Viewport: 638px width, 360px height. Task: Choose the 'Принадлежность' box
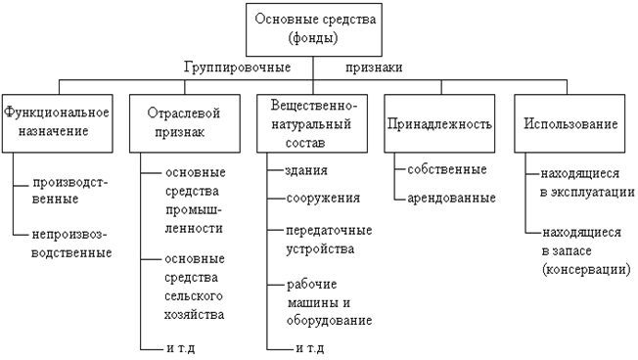click(437, 124)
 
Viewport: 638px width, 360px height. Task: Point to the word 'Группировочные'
click(238, 67)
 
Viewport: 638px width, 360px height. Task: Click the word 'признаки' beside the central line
click(375, 67)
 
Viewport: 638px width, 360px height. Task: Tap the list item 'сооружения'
click(323, 198)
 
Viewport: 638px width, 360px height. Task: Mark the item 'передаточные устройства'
click(327, 241)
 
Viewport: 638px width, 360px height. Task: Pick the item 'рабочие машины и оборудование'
click(329, 302)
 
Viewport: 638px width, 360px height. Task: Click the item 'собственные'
click(448, 169)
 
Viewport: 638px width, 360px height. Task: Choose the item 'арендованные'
click(451, 198)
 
